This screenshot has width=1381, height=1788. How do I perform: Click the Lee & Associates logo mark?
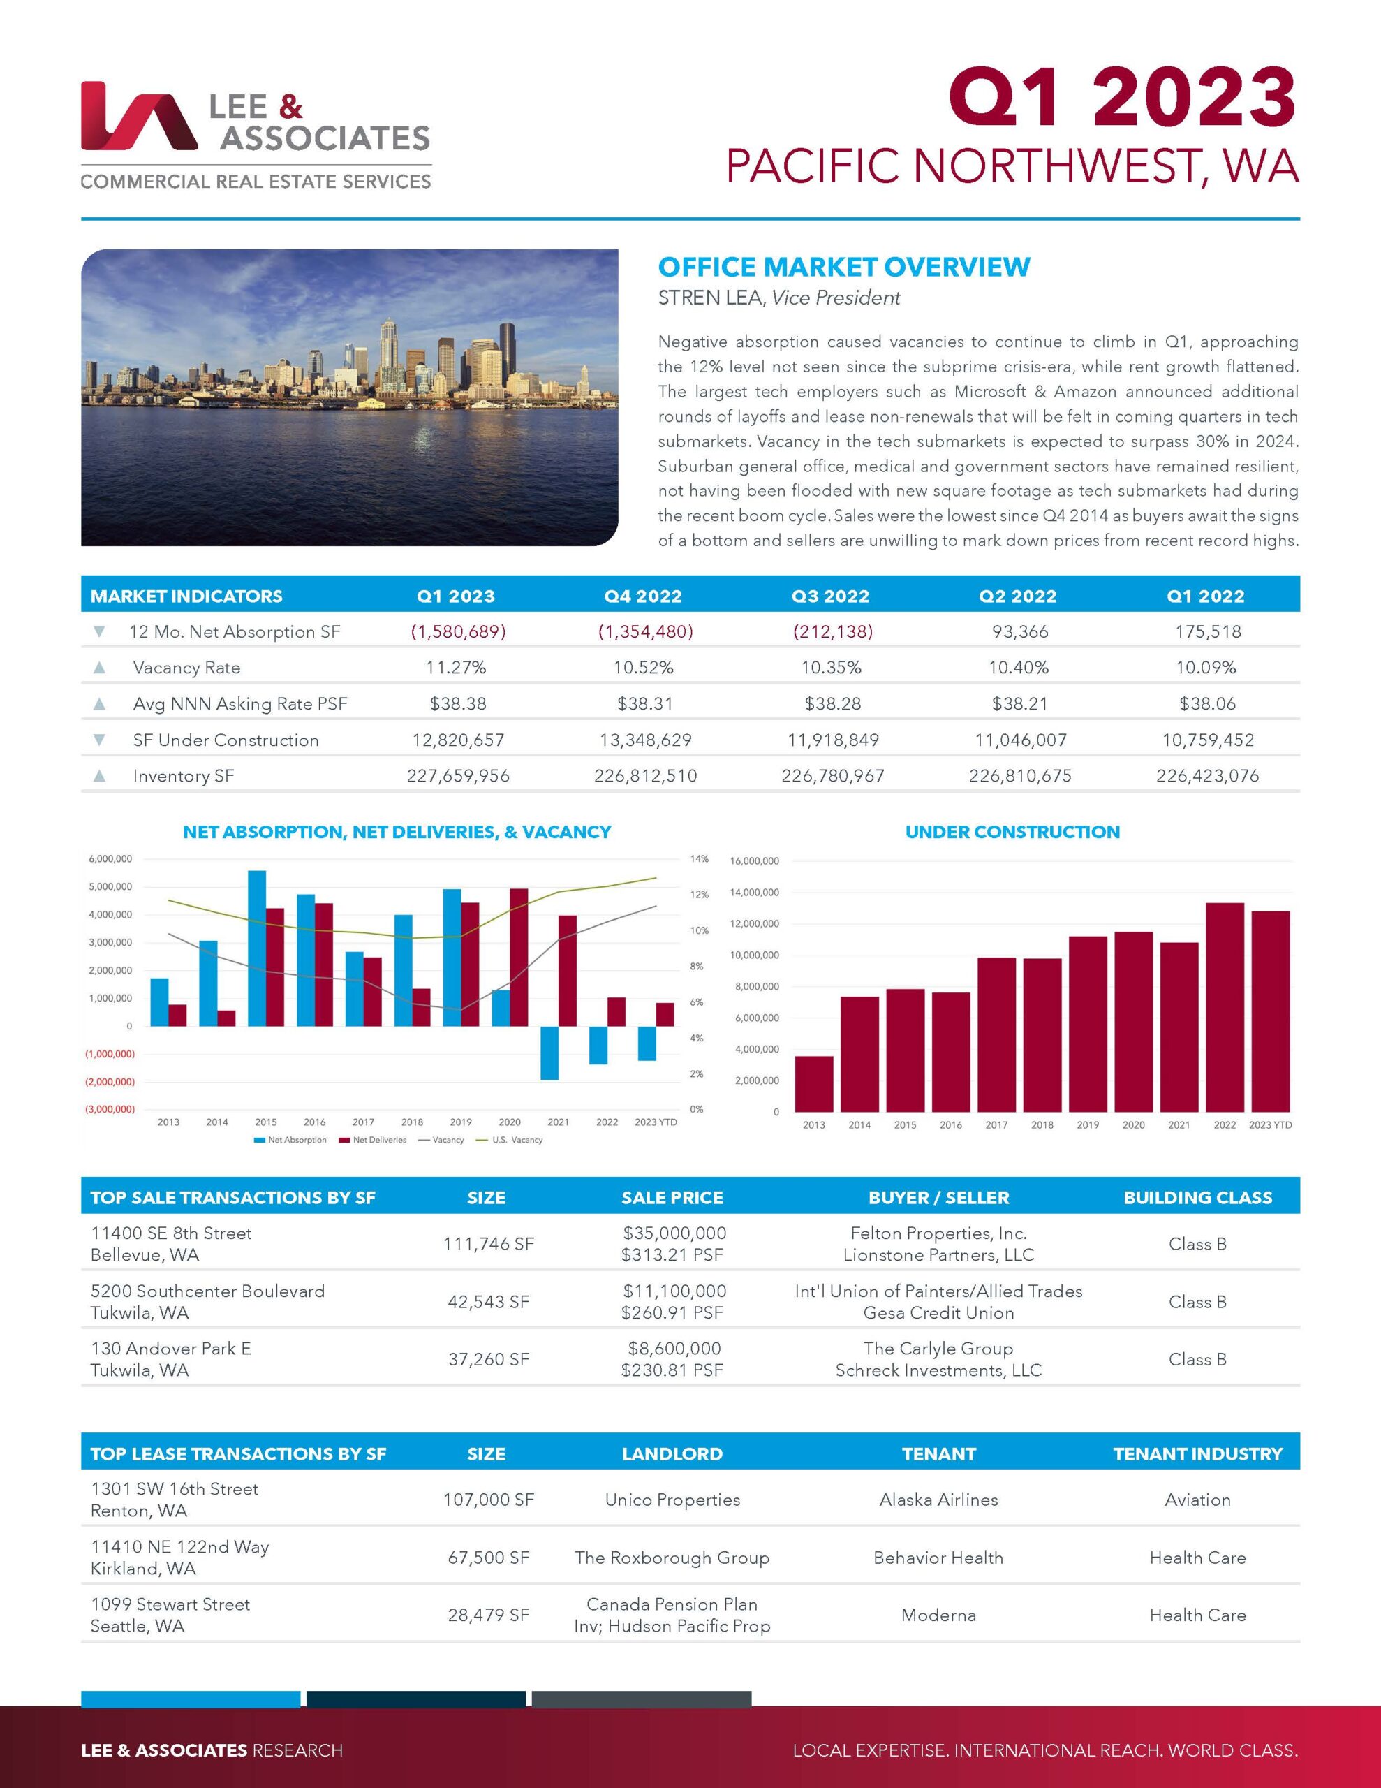coord(138,115)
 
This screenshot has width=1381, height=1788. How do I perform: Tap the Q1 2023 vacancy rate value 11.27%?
coord(456,667)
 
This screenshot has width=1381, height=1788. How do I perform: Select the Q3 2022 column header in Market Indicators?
coord(830,596)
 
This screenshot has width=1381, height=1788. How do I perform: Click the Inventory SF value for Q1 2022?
coord(1207,775)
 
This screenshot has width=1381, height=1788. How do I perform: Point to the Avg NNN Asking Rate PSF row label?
coord(240,703)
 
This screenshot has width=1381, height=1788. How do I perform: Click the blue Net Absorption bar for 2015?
coord(257,947)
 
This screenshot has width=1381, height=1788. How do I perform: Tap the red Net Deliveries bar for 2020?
coord(519,956)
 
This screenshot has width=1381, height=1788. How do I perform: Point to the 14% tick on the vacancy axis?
coord(699,859)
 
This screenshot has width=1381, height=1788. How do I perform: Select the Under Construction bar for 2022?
coord(1225,1007)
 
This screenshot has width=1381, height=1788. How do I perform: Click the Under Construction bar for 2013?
coord(813,1083)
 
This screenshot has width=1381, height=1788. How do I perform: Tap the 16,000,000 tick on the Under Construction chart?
coord(754,861)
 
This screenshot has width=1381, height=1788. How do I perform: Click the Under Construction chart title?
coord(1012,832)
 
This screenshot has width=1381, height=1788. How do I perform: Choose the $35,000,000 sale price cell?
coord(674,1233)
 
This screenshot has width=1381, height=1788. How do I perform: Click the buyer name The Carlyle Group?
coord(938,1349)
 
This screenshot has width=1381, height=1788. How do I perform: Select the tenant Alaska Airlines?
coord(938,1500)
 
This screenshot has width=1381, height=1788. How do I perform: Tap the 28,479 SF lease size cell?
coord(488,1615)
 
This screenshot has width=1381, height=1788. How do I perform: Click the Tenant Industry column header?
coord(1197,1454)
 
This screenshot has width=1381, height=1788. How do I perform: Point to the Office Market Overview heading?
coord(844,267)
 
